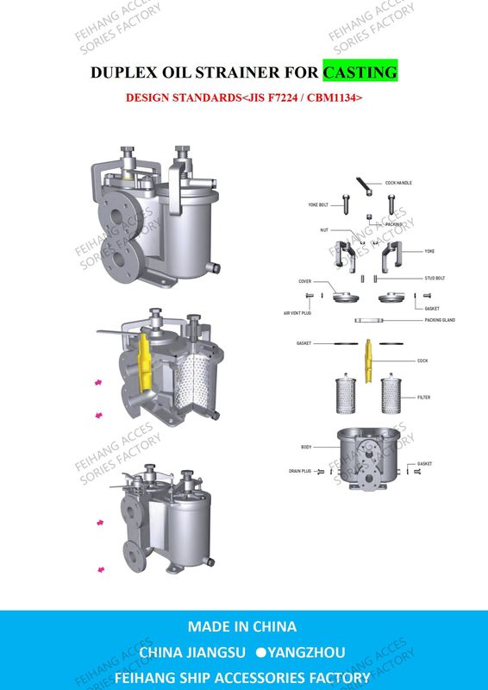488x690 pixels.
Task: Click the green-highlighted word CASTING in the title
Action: coord(360,72)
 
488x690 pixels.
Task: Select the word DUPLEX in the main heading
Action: coord(123,72)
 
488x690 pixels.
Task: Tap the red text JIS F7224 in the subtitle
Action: coord(276,98)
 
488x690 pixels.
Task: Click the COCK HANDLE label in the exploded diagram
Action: coord(398,184)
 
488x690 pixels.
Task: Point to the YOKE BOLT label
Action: coord(318,205)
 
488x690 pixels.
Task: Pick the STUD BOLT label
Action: coord(435,279)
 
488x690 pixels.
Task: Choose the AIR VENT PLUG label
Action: coord(297,313)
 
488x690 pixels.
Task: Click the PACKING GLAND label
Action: coord(440,320)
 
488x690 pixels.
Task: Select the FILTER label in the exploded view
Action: coord(423,398)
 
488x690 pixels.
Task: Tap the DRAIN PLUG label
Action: coord(300,472)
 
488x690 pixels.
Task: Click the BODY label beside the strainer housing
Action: coord(306,448)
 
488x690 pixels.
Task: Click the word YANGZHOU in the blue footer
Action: coord(310,652)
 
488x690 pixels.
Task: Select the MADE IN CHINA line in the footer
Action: coord(242,626)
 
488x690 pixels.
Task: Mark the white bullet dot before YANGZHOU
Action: coord(259,652)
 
